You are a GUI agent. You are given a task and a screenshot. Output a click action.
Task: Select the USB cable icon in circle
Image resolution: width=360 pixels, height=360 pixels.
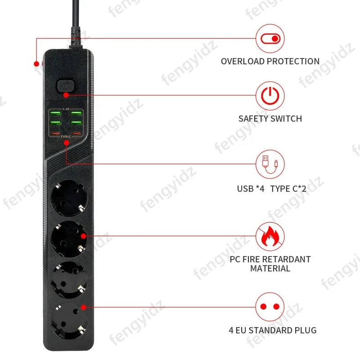tap(270, 164)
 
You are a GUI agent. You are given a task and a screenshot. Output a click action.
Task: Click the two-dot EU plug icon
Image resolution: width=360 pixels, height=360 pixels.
tap(270, 307)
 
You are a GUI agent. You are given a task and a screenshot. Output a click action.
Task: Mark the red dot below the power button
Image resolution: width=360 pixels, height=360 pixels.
tap(66, 95)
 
